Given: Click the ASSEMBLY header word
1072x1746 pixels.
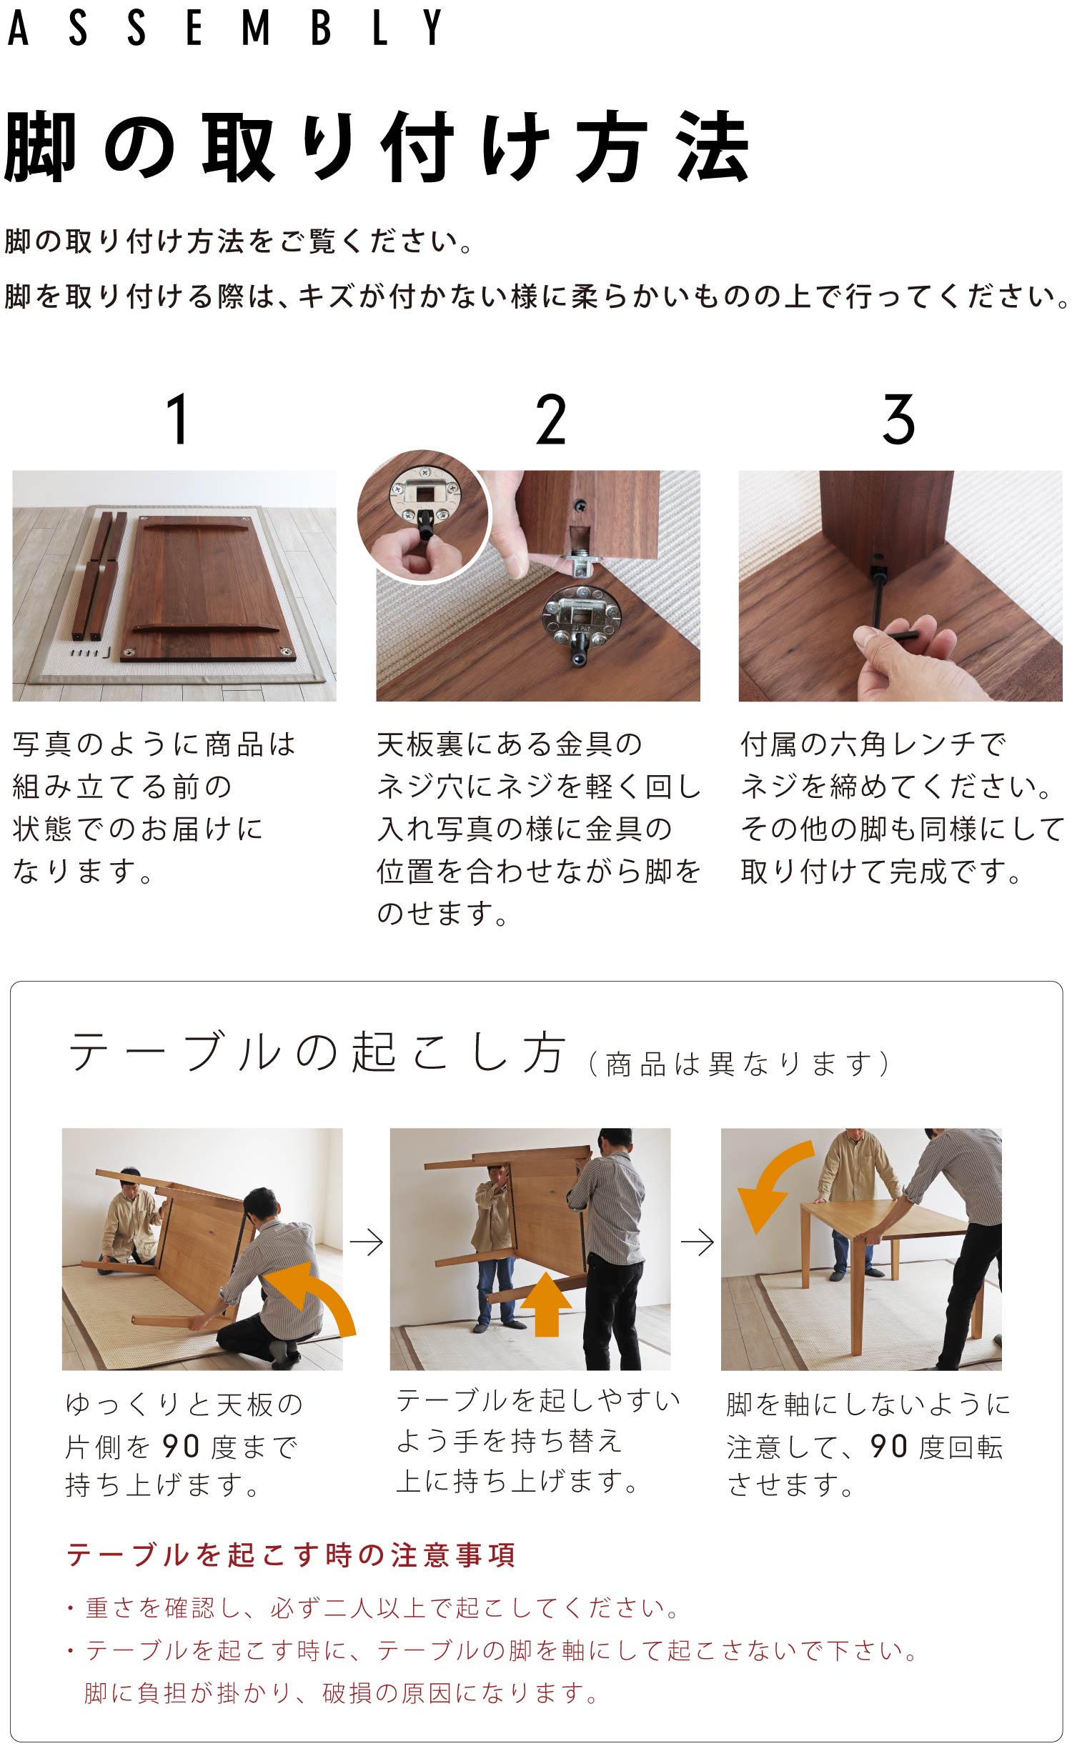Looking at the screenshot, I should coord(224,29).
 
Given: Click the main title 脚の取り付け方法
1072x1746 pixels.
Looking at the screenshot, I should coord(376,147).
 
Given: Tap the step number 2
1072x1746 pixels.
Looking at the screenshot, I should coord(551,419).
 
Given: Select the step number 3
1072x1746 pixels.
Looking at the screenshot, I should coord(898,419).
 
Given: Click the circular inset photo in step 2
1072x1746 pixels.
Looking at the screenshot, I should coord(423,516).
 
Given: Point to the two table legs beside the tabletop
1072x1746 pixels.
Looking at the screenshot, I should coord(98,576).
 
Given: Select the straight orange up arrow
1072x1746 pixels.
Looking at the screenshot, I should coord(546,1304).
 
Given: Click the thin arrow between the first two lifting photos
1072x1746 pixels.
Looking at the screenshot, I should coord(367,1243).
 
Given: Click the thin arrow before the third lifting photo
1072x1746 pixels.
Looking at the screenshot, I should coord(697,1243).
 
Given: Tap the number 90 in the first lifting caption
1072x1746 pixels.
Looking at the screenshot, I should coord(181,1447).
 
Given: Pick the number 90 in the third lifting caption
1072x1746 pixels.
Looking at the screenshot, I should coord(888,1447).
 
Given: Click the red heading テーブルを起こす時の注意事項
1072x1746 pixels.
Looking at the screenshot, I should coord(291,1555).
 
